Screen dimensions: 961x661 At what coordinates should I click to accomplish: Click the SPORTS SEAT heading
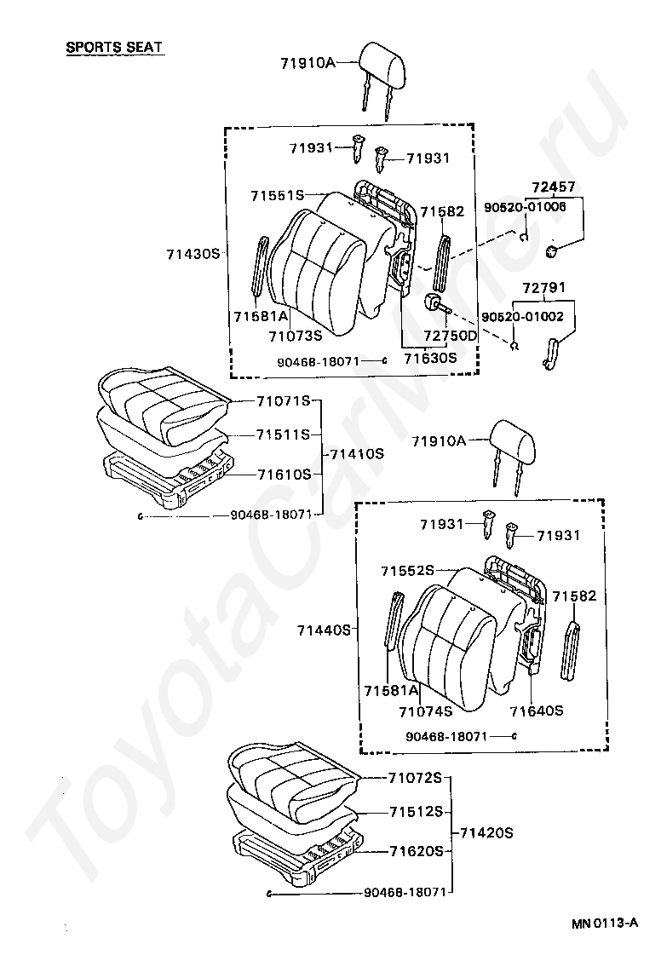(x=115, y=47)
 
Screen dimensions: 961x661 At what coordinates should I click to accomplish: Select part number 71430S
(x=193, y=254)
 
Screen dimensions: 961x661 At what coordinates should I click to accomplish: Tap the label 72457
(x=554, y=187)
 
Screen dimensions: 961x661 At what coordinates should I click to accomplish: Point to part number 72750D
(x=451, y=336)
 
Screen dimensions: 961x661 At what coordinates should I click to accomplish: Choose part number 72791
(x=549, y=289)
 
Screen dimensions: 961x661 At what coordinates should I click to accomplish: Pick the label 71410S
(x=357, y=454)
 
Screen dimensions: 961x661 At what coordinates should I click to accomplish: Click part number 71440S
(x=325, y=630)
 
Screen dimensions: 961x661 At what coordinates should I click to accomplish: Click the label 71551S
(x=278, y=195)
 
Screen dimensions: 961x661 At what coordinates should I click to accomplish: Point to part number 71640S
(x=537, y=710)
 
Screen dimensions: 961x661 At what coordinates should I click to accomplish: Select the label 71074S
(x=425, y=710)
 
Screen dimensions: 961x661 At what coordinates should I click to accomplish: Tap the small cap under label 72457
(x=551, y=250)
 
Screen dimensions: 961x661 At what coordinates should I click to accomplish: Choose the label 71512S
(x=417, y=812)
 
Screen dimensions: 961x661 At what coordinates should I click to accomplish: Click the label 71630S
(x=430, y=359)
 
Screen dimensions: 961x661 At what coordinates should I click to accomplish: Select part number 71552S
(x=408, y=570)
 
